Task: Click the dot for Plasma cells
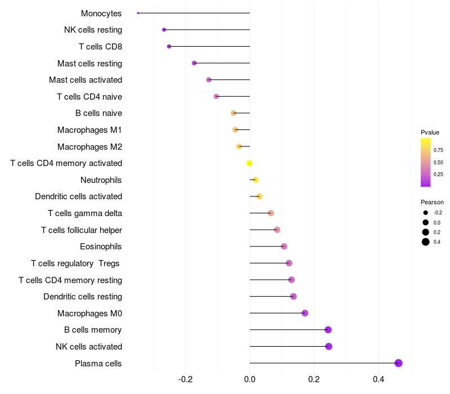click(x=398, y=363)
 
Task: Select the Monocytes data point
click(x=138, y=13)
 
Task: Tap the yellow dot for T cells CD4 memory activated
click(x=249, y=163)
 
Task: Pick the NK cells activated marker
click(x=328, y=346)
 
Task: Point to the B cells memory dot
click(x=328, y=330)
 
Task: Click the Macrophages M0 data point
click(x=305, y=313)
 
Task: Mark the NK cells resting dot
click(x=164, y=30)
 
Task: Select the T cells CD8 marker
click(x=169, y=46)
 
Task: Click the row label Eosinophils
click(x=101, y=247)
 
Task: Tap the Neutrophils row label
click(x=101, y=180)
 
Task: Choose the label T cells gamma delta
click(x=85, y=213)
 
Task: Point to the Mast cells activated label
click(x=85, y=80)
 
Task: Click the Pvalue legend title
click(x=430, y=132)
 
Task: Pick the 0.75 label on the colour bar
click(x=438, y=150)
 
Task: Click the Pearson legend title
click(x=432, y=202)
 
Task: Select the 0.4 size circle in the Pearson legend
click(x=426, y=242)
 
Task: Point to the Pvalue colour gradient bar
click(x=426, y=162)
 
